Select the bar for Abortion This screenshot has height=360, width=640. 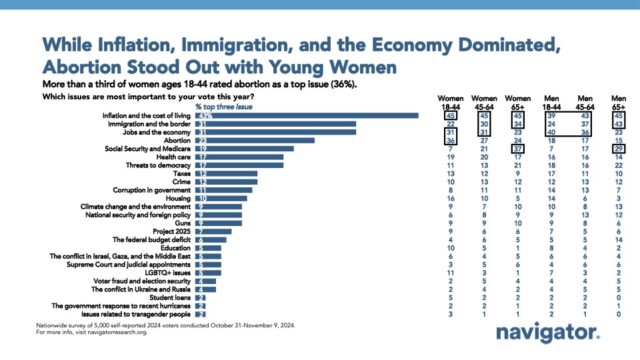(255, 140)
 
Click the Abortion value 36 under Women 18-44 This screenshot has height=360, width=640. (424, 140)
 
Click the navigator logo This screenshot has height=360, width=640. (560, 329)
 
